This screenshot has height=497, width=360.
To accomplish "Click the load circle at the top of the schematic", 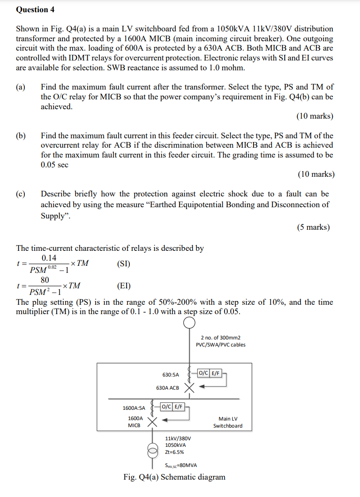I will coord(189,323).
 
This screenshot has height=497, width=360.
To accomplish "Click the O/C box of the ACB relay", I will coord(203,373).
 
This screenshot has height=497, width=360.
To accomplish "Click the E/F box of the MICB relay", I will coord(178,407).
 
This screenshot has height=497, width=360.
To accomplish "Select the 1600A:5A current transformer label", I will coord(134,407).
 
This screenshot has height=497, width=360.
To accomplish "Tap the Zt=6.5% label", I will coord(174,452).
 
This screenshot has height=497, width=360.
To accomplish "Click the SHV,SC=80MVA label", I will coord(181,465).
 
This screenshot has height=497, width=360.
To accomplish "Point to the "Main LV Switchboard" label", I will coord(228,422).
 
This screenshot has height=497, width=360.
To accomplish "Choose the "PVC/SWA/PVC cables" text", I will coord(220,345).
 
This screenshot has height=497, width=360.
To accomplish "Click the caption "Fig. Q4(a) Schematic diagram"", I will coord(174,477).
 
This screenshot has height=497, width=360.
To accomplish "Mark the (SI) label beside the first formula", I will coord(123,264).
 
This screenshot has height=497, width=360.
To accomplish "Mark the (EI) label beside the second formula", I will coord(123,286).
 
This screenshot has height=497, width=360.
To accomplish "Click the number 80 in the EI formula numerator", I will coord(45,280).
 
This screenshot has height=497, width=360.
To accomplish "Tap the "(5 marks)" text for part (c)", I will coord(313,227).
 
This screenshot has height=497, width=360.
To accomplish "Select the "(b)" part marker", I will coord(21,136).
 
